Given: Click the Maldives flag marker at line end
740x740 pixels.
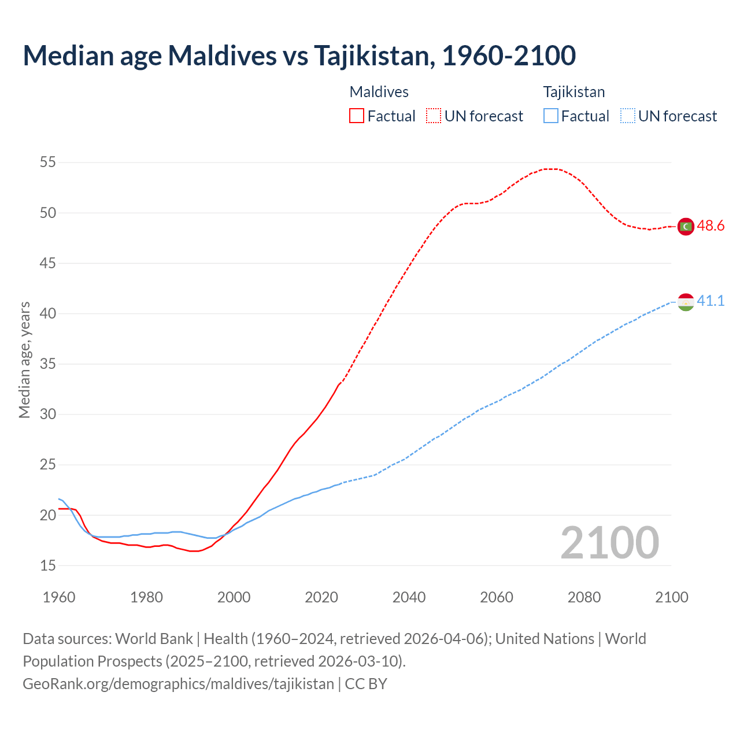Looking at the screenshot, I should pos(686,227).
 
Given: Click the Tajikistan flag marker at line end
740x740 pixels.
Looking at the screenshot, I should pos(686,302).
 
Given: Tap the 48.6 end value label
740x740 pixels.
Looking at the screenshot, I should pos(711,226).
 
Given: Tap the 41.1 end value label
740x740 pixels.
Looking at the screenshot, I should pos(711,301).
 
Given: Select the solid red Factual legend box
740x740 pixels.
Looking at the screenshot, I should pos(357,116).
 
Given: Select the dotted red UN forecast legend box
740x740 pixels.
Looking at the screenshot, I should pos(434,116).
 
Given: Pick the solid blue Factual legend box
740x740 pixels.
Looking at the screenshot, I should pos(551,116).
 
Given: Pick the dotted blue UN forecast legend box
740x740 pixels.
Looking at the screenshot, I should pos(627,116).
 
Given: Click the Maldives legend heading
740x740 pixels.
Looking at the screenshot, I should pos(379,92).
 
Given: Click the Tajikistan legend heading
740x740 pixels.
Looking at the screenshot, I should pos(574,92).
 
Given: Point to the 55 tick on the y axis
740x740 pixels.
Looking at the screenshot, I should pos(48,162).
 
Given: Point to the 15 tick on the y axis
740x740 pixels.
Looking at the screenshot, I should pos(48,565).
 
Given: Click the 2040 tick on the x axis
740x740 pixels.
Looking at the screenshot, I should pos(409,597).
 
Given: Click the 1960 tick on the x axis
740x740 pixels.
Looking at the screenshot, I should pos(59,597).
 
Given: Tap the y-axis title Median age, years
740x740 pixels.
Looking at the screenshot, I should pos(24,360).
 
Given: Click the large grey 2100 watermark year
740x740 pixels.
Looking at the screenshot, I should pos(610,542).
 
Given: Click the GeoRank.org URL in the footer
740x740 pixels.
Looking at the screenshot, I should pos(178,684).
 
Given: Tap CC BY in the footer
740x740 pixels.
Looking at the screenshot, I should pos(366,684).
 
